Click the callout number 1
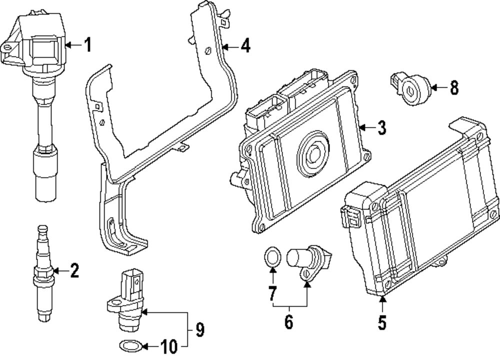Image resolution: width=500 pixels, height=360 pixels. click(88, 44)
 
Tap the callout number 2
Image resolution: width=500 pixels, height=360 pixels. click(74, 270)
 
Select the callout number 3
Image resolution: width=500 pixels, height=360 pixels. click(381, 127)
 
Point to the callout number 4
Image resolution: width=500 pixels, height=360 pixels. click(245, 45)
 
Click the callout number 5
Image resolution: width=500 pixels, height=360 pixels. click(382, 322)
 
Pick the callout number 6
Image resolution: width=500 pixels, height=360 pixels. click(288, 321)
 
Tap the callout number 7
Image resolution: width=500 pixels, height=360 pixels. click(271, 293)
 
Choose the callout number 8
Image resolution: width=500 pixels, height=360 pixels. click(454, 87)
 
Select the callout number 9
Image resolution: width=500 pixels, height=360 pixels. click(199, 329)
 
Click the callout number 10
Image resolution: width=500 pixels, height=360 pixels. click(168, 346)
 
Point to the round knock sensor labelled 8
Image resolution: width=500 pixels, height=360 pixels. click(410, 89)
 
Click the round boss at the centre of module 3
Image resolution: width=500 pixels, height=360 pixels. click(313, 153)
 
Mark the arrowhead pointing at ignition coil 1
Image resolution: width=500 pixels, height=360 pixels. click(67, 45)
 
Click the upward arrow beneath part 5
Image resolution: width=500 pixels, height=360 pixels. click(382, 304)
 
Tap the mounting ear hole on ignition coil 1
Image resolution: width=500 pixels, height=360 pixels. click(7, 47)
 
